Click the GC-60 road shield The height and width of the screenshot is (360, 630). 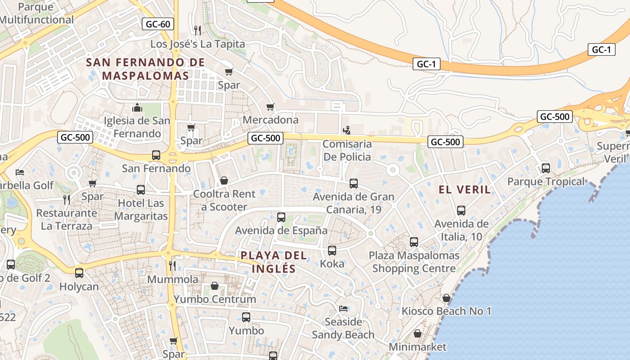pos(158,24)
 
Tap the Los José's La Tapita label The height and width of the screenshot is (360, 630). pos(198,44)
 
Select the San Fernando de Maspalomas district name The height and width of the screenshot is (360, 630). pos(145,69)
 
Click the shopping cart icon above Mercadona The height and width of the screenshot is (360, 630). pos(270,107)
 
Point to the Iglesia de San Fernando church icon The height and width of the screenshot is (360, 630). pos(137,108)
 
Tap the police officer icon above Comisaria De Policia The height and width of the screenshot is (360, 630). pos(346,131)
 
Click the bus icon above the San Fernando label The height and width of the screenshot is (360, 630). pos(156,155)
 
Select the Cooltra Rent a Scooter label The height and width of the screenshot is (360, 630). pos(224,200)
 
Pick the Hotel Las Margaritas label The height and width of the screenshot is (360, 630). pos(141,210)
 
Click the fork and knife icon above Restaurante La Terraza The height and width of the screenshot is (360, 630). pos(67,199)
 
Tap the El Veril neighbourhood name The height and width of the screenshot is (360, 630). pos(464,190)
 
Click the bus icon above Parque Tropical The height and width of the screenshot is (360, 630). pos(546,168)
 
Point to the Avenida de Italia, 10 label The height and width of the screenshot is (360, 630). pos(461,230)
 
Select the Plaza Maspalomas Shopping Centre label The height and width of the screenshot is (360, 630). pos(414,262)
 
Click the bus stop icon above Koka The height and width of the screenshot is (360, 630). pos(332,251)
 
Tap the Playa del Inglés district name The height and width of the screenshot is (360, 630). pos(274,262)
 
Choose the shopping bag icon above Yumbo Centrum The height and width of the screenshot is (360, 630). pos(215,286)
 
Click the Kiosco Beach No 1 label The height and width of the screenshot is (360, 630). pos(446,311)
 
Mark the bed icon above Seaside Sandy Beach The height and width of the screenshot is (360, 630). pos(343,309)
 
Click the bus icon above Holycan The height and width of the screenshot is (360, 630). pos(79,273)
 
